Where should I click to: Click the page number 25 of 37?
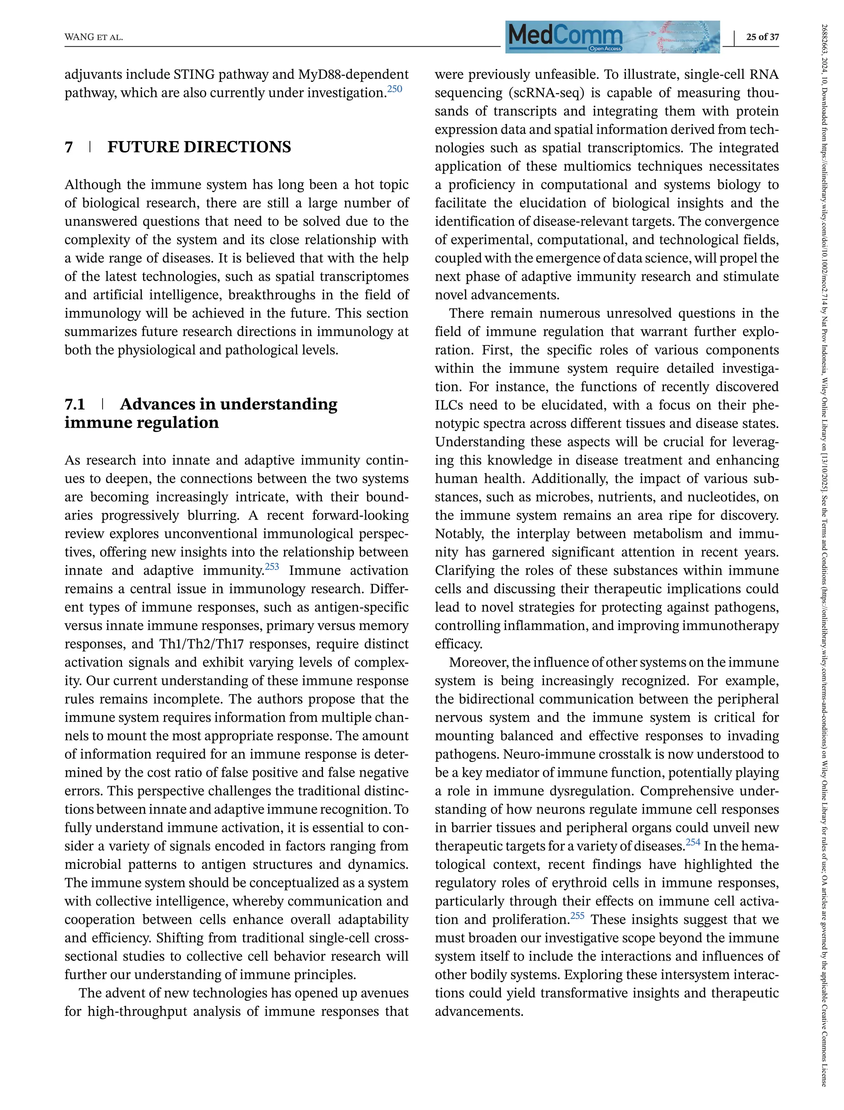tap(762, 37)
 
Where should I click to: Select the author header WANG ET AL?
tap(94, 38)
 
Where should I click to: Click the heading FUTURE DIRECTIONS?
tap(199, 147)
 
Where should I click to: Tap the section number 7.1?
tap(75, 404)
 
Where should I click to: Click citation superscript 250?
tap(395, 89)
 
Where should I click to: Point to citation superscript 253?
tap(272, 567)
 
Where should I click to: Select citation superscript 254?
tap(693, 842)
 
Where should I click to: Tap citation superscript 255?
tap(577, 915)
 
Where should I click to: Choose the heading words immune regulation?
tap(142, 423)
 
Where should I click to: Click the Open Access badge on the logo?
tap(605, 49)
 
